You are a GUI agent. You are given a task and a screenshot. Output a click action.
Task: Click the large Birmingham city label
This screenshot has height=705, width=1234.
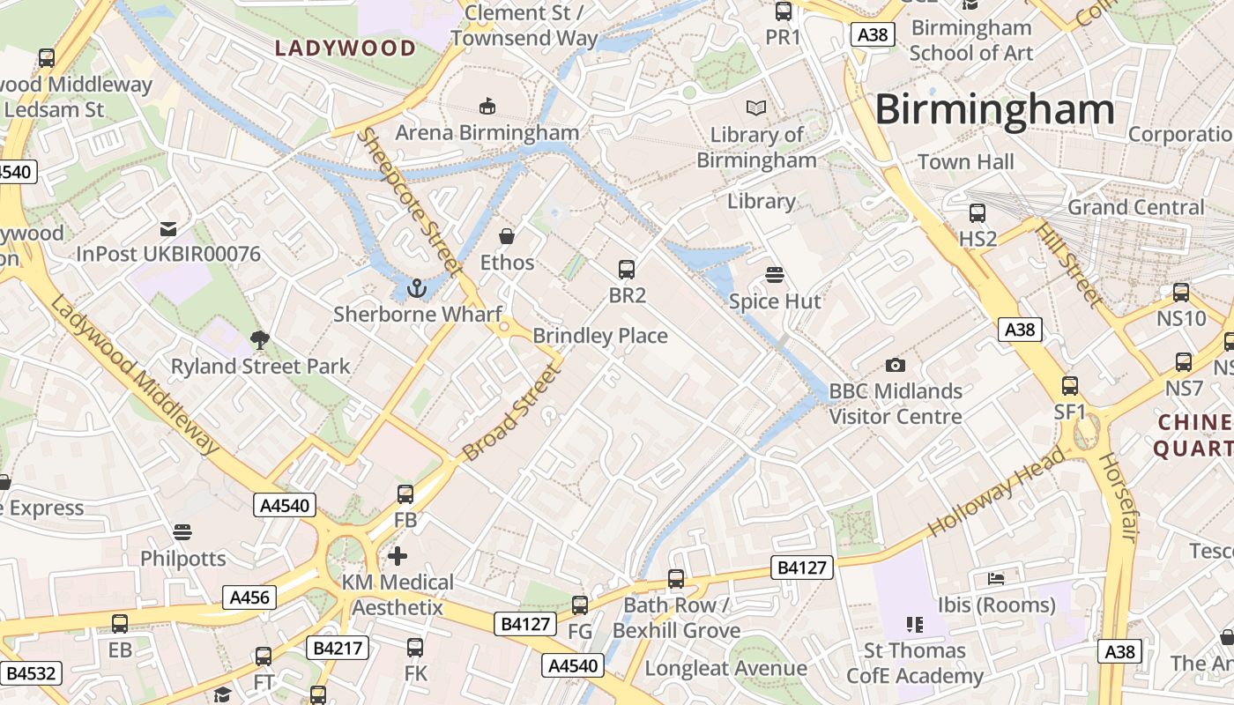(x=994, y=110)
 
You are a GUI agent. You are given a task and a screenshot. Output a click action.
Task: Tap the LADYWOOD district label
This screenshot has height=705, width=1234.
(x=346, y=48)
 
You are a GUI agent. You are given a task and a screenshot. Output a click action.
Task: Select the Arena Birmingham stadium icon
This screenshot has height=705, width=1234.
(x=487, y=107)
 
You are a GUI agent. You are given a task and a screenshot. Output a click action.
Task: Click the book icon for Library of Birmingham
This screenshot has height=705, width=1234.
(x=755, y=108)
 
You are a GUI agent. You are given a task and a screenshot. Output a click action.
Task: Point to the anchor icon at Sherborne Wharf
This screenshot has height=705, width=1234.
(x=417, y=288)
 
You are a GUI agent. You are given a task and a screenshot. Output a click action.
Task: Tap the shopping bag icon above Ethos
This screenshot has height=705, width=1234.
(x=507, y=236)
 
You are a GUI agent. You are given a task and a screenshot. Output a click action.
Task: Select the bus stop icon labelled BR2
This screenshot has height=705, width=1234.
(x=627, y=270)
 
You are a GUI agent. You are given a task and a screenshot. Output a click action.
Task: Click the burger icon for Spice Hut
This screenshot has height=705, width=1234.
(x=775, y=275)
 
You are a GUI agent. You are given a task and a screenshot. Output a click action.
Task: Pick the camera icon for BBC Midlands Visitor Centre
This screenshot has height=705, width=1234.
(x=895, y=365)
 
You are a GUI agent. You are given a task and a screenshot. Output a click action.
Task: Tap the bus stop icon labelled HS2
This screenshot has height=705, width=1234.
(x=977, y=212)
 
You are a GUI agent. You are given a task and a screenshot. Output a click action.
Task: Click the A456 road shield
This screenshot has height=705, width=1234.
(x=249, y=597)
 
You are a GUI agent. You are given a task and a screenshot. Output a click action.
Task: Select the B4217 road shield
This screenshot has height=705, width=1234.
(x=338, y=648)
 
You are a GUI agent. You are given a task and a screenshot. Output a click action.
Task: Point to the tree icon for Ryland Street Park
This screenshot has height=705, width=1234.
(x=260, y=339)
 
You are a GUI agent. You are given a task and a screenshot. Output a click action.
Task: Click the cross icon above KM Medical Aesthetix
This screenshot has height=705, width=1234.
(x=398, y=555)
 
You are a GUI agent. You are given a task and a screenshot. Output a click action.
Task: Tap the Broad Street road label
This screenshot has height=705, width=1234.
(x=512, y=412)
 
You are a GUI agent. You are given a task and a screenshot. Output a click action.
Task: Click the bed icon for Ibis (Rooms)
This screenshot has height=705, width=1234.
(x=995, y=579)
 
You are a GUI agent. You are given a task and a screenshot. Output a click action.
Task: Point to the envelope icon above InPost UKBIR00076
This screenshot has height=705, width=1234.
(x=167, y=229)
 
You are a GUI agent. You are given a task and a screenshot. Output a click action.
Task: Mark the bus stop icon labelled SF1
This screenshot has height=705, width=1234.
(x=1069, y=385)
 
